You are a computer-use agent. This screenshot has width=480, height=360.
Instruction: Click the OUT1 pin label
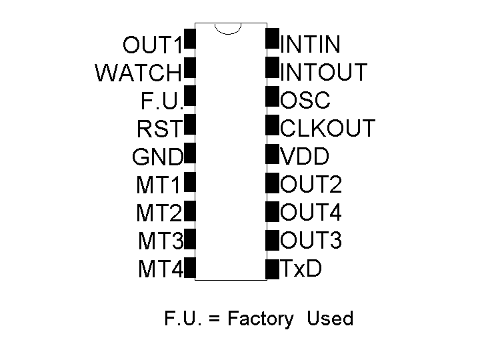152,46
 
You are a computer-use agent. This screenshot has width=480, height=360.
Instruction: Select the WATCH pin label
138,72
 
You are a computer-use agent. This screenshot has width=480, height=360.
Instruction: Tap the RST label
159,127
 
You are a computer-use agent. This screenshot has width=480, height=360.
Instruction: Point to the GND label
158,157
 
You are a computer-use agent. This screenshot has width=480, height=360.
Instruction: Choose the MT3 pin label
160,241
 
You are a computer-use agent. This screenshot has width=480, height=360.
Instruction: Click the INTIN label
311,45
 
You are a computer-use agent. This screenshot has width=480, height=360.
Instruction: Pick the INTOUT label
324,72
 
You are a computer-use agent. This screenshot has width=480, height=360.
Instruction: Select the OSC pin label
306,101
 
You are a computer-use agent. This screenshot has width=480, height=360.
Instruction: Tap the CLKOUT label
328,129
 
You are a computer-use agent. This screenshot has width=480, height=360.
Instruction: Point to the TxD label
301,269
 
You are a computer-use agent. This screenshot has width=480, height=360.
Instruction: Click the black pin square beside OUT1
189,39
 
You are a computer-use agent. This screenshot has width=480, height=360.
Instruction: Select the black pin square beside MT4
189,268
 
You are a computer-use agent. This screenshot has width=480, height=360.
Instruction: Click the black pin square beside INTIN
272,38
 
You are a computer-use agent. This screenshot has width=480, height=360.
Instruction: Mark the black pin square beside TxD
272,269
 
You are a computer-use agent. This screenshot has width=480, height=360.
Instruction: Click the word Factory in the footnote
260,319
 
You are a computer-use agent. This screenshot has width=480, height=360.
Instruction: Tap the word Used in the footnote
330,319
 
